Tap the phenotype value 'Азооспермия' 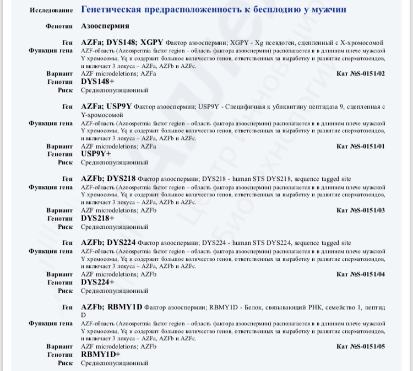[105, 26]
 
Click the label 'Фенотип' [59, 26]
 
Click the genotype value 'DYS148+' [98, 81]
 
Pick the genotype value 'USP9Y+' [96, 154]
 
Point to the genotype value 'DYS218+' [98, 218]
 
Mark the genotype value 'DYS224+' [98, 282]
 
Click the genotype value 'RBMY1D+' [100, 354]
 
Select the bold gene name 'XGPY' [152, 42]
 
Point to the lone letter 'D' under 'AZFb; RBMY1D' [84, 315]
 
